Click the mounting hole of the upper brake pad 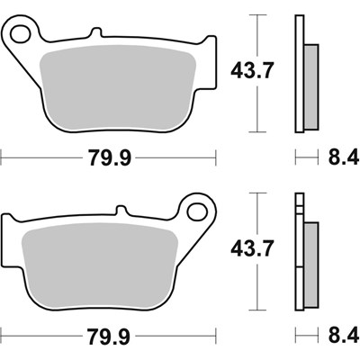pos(19,33)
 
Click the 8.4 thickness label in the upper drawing pos(340,158)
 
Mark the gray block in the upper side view pos(310,85)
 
